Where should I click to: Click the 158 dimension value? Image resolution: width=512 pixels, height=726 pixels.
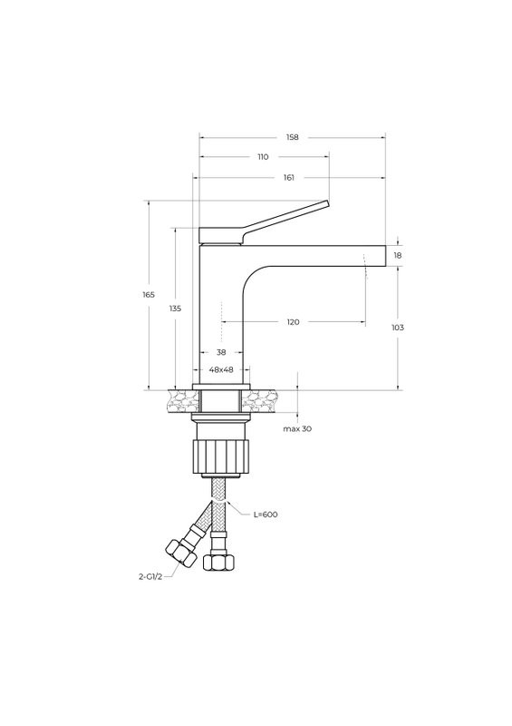(x=293, y=137)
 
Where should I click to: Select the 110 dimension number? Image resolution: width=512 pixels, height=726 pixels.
(x=263, y=157)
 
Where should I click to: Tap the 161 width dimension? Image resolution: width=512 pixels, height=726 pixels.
(x=288, y=177)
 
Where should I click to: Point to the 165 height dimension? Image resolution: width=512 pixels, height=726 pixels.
(x=149, y=294)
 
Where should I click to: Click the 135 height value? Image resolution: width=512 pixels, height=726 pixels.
(x=175, y=309)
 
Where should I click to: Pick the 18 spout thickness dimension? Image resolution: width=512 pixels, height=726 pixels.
(x=398, y=255)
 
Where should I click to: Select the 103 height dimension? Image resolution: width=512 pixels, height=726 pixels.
(x=398, y=328)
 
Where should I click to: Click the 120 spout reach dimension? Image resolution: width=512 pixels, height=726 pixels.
(x=294, y=322)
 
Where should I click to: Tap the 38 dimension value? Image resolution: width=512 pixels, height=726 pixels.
(x=221, y=352)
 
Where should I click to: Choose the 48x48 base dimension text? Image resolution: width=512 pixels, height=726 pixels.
(x=221, y=369)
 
